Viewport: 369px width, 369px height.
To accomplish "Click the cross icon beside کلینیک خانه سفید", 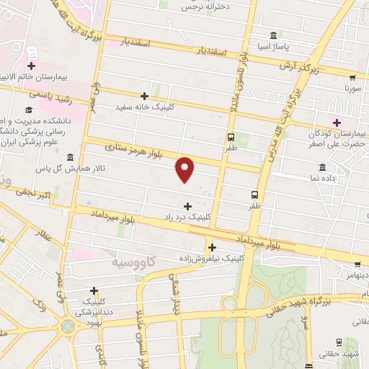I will [x=144, y=96].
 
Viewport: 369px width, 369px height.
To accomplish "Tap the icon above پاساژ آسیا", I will [x=273, y=35].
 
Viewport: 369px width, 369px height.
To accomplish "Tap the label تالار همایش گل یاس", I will [x=71, y=169].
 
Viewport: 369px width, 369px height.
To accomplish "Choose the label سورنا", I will [x=352, y=90].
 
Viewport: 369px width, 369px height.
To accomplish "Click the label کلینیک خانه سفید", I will [x=144, y=107].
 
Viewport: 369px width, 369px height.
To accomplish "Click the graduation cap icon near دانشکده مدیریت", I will [x=28, y=110].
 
